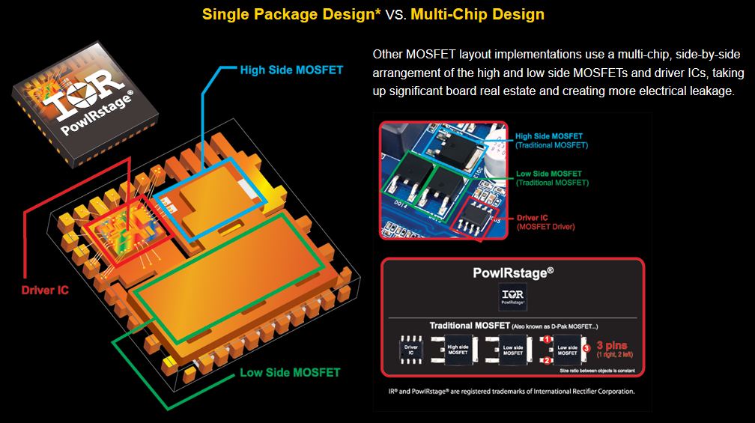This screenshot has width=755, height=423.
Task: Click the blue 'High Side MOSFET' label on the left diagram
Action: click(x=291, y=70)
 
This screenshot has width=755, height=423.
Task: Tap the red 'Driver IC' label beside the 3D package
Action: click(x=44, y=289)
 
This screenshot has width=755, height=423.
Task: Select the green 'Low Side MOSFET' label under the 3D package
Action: click(x=290, y=372)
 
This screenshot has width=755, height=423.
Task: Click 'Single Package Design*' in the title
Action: click(x=291, y=14)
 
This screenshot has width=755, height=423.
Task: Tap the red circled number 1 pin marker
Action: click(x=548, y=339)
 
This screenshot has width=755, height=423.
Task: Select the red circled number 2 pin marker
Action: click(x=548, y=360)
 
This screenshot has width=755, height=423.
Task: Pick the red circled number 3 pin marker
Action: click(x=587, y=347)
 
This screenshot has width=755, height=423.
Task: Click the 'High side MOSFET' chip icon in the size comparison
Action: click(x=458, y=350)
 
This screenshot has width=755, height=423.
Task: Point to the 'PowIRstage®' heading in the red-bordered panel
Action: click(x=513, y=273)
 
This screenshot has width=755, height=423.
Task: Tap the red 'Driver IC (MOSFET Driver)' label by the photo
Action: click(x=543, y=222)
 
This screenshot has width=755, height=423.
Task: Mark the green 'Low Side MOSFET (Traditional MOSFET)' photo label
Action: click(x=551, y=178)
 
